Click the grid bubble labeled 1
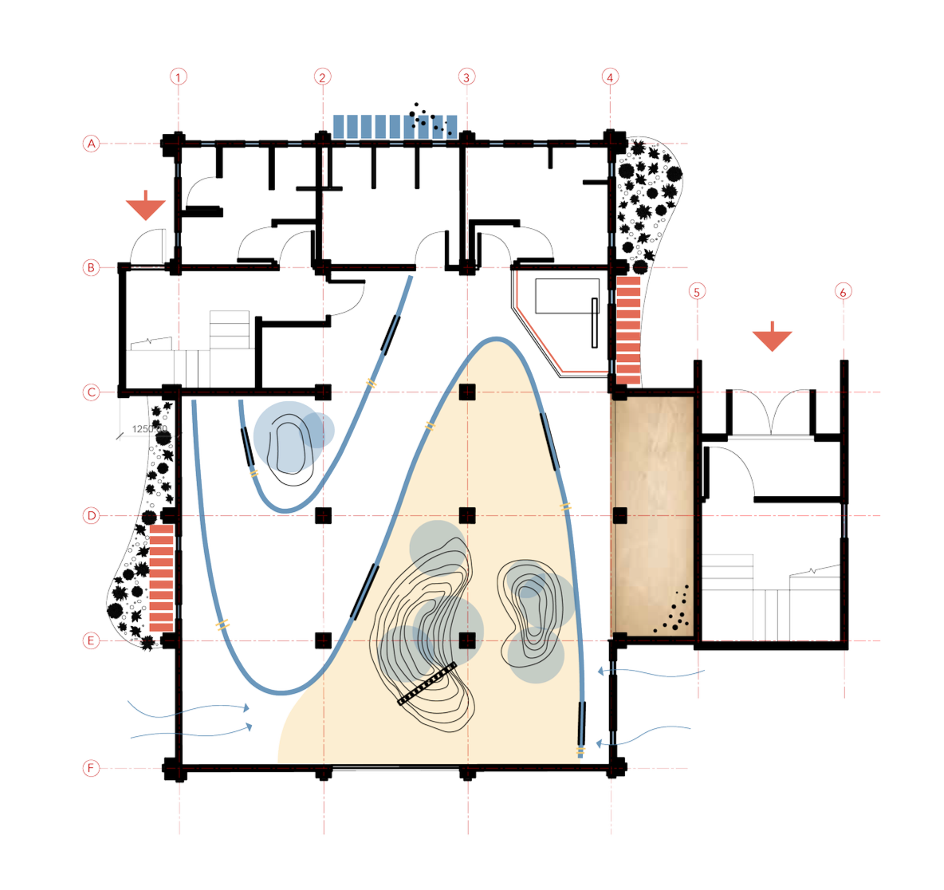tap(179, 77)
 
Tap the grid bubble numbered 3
tap(467, 77)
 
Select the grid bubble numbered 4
tap(610, 77)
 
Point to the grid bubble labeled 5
tap(698, 290)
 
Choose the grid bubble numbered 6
tap(844, 292)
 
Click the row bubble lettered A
tap(91, 144)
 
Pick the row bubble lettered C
tap(91, 392)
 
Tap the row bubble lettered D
tap(91, 516)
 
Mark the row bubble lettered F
tap(91, 769)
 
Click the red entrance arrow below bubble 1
tap(147, 208)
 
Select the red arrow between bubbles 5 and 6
tap(772, 341)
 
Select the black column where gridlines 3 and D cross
tap(467, 515)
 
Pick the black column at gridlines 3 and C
tap(467, 392)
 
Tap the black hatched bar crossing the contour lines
tap(427, 683)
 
